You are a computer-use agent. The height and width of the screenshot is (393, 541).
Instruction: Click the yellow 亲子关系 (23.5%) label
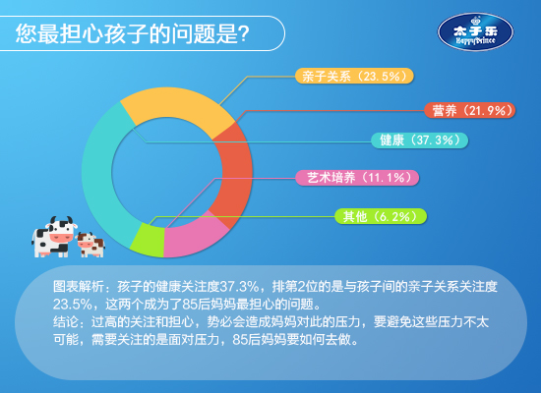354,76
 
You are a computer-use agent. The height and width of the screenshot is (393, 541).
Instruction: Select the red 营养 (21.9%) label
469,111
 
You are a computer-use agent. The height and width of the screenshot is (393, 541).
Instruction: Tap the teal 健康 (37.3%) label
420,140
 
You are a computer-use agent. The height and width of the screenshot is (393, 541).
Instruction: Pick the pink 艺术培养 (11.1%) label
357,178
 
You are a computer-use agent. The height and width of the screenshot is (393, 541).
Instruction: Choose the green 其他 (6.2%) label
381,216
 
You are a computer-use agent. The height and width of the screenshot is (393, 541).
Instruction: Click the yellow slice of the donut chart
176,103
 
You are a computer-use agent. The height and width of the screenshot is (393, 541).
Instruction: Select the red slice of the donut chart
236,172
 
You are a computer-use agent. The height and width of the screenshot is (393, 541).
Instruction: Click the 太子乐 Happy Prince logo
475,32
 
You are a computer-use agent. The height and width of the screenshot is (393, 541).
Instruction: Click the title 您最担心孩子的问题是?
132,33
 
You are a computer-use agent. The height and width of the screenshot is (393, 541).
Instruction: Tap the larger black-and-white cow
54,237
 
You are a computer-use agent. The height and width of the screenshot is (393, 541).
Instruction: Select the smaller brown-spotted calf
90,245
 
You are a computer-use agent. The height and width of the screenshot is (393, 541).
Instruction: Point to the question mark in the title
244,33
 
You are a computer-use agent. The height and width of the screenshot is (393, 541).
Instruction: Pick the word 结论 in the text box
66,322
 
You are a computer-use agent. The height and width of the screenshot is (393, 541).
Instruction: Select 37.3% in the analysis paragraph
239,287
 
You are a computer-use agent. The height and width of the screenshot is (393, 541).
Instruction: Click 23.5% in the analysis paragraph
73,305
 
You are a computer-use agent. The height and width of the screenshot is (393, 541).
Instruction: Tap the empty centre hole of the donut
167,172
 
